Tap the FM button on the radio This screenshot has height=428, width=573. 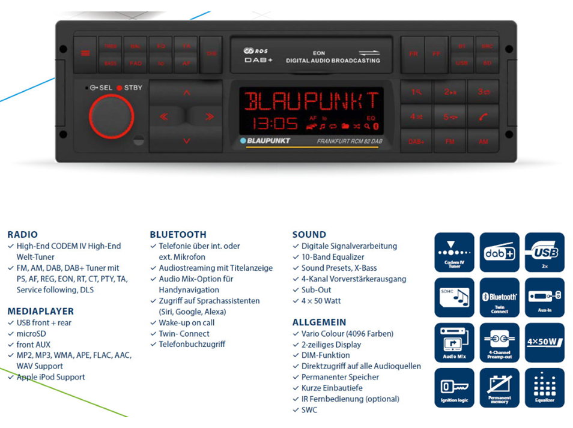(450, 142)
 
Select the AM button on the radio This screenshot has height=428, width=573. (484, 142)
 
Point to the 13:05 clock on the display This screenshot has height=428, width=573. (274, 124)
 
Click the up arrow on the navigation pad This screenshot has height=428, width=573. (186, 92)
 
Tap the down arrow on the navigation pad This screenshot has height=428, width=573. (186, 141)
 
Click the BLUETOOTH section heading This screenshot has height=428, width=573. (178, 235)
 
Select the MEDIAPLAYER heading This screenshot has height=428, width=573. (40, 312)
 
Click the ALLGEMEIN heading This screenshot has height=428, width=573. (319, 322)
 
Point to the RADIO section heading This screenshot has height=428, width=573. (22, 235)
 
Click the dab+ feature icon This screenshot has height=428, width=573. (499, 253)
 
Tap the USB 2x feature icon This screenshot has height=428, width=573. (544, 253)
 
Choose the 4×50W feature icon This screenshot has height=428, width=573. (544, 343)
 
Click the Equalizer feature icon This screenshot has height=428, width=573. (544, 388)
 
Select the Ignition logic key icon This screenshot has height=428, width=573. (454, 388)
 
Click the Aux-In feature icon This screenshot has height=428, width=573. (544, 298)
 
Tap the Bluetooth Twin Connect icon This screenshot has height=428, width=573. (499, 298)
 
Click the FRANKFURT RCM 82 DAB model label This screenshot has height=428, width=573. (350, 142)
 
